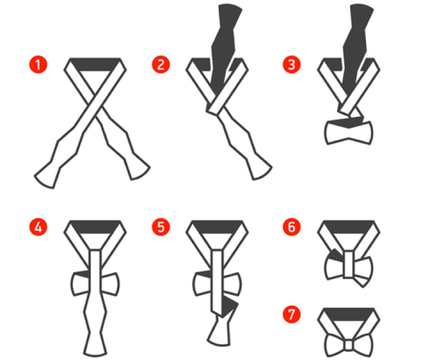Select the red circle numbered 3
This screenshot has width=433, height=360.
coord(292,64)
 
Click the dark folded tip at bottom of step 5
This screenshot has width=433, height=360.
coord(229,312)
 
